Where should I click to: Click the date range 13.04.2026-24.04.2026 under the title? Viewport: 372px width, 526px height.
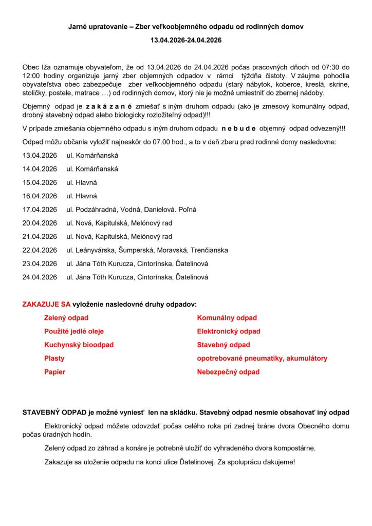[x=186, y=40]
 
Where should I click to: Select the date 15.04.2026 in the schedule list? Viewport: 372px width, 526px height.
[x=40, y=182]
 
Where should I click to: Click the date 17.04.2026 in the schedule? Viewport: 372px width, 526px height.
[x=40, y=210]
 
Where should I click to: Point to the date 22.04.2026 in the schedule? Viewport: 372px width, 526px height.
[x=40, y=250]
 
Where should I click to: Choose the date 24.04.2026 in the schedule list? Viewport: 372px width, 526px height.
[x=40, y=277]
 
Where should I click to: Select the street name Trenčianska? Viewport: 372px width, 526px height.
[x=209, y=250]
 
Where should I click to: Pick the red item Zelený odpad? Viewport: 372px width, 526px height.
[x=66, y=318]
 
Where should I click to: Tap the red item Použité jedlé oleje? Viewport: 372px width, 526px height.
[x=74, y=331]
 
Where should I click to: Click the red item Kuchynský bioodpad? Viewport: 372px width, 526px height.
[x=79, y=345]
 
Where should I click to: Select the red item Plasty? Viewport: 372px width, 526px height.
[x=54, y=358]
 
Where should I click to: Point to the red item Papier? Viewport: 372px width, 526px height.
[x=55, y=372]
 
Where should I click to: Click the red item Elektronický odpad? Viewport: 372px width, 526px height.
[x=229, y=331]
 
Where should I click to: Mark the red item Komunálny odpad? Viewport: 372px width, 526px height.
[x=227, y=318]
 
